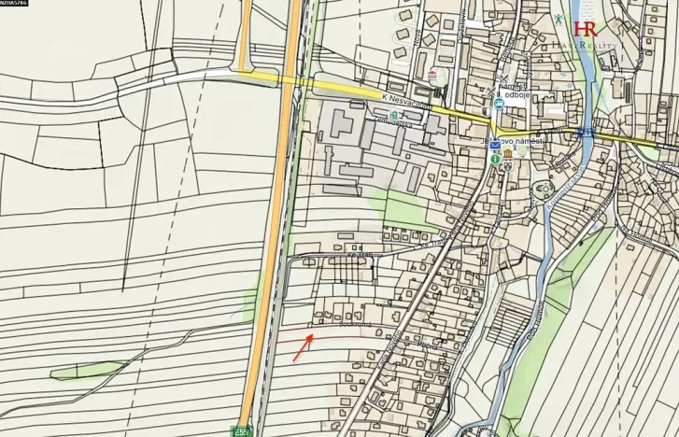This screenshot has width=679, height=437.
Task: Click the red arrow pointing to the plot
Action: (x=302, y=350)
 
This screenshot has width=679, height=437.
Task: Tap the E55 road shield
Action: (x=243, y=431)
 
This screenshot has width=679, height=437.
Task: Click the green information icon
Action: (x=494, y=160)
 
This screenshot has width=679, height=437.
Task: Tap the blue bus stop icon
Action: (x=499, y=105)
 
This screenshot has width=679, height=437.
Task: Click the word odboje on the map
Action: (x=515, y=94)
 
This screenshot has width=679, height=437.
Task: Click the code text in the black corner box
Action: (x=15, y=5)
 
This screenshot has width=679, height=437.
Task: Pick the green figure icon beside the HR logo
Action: (x=559, y=19)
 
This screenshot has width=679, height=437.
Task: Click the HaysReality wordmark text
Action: (x=586, y=44)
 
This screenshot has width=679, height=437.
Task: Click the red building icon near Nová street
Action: (x=431, y=74)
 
